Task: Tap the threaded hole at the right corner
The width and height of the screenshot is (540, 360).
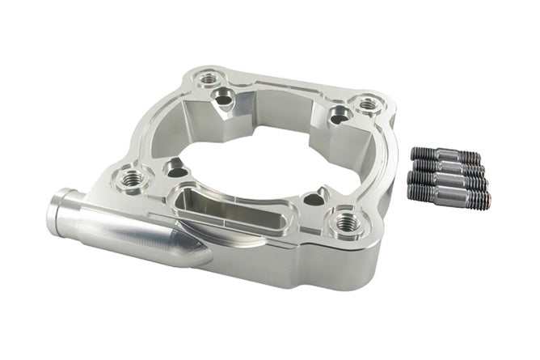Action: (368, 104)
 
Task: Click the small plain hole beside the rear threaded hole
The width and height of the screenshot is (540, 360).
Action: (220, 100)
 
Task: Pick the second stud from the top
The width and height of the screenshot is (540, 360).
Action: (449, 167)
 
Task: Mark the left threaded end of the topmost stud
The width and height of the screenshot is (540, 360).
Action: (422, 151)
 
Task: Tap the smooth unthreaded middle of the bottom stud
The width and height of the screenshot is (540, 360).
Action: (451, 193)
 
